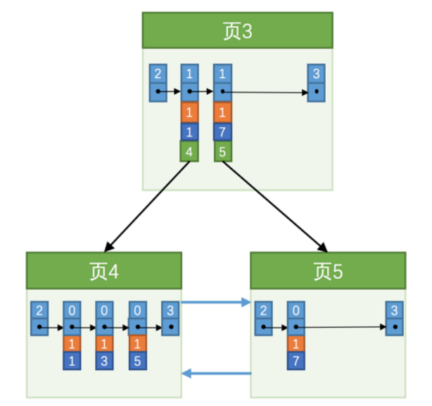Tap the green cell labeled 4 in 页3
tap(189, 151)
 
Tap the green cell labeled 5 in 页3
tap(222, 151)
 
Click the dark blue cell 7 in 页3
tap(222, 131)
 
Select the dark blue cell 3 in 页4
tap(104, 361)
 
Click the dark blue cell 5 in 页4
tap(137, 361)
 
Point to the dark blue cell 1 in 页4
tap(72, 361)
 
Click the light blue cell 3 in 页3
tap(317, 73)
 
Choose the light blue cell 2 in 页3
tap(158, 73)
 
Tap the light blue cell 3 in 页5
tap(395, 310)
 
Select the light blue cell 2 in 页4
tap(39, 310)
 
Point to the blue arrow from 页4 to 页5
tap(216, 303)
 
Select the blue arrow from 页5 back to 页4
tap(216, 374)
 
